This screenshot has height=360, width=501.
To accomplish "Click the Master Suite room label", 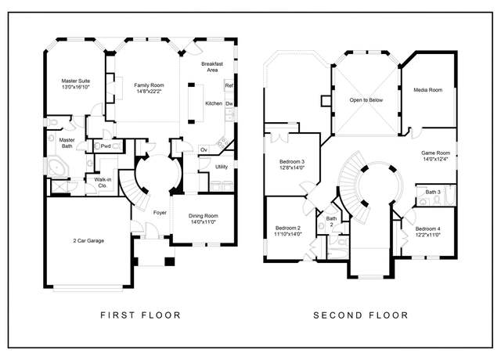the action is click(76, 81).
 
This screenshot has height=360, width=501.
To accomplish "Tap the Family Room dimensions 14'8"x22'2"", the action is click(150, 92).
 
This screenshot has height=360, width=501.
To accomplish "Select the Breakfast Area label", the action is click(212, 67).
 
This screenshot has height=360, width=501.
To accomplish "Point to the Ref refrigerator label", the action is click(229, 85).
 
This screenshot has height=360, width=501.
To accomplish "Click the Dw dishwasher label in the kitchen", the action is click(229, 104).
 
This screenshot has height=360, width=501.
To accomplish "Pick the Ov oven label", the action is click(204, 149).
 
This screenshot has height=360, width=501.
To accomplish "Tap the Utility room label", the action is click(222, 167).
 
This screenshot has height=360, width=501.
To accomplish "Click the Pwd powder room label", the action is click(106, 146).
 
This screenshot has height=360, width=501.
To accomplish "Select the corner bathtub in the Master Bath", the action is click(56, 167).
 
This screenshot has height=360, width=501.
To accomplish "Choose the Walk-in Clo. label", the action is click(103, 182).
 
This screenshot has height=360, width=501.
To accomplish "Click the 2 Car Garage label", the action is click(88, 241).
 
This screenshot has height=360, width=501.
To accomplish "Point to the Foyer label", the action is click(160, 212).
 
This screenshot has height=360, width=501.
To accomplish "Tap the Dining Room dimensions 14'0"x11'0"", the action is click(204, 221).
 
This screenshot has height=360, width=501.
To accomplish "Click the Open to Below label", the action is click(366, 100).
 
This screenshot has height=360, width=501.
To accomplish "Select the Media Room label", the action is click(428, 90).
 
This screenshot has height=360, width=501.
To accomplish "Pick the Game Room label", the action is click(435, 153).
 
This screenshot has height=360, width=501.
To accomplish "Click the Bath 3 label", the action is click(433, 192).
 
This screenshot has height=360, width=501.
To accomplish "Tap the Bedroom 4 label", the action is click(428, 229).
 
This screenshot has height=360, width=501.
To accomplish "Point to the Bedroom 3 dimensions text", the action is click(292, 167).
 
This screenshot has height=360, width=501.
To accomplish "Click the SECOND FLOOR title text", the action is click(361, 315).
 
